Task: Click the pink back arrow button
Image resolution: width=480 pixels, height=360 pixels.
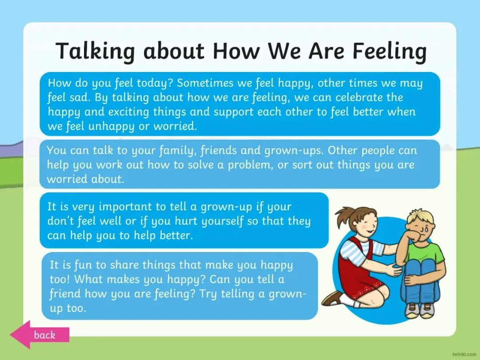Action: point(40,335)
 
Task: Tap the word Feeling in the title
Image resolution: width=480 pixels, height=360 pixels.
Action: point(390,52)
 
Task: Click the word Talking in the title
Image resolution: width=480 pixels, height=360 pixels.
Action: point(95,52)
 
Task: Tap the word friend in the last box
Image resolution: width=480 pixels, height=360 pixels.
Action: point(65,294)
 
